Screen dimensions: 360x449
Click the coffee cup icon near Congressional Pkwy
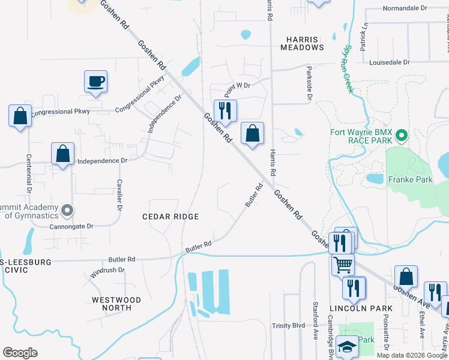click(x=96, y=81)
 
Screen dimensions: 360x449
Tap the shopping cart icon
click(x=343, y=263)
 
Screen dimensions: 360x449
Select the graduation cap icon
click(x=347, y=347)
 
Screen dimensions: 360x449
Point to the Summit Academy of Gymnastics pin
click(x=68, y=211)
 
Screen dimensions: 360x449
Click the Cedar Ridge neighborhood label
click(x=170, y=216)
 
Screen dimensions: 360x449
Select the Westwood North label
click(x=116, y=304)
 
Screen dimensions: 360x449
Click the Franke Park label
click(x=410, y=179)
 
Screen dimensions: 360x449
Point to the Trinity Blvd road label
click(x=288, y=325)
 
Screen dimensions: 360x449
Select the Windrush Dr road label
click(x=107, y=271)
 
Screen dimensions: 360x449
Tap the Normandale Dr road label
click(x=405, y=9)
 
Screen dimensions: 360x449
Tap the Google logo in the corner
click(x=20, y=352)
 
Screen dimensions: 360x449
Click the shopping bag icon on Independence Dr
click(x=62, y=154)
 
